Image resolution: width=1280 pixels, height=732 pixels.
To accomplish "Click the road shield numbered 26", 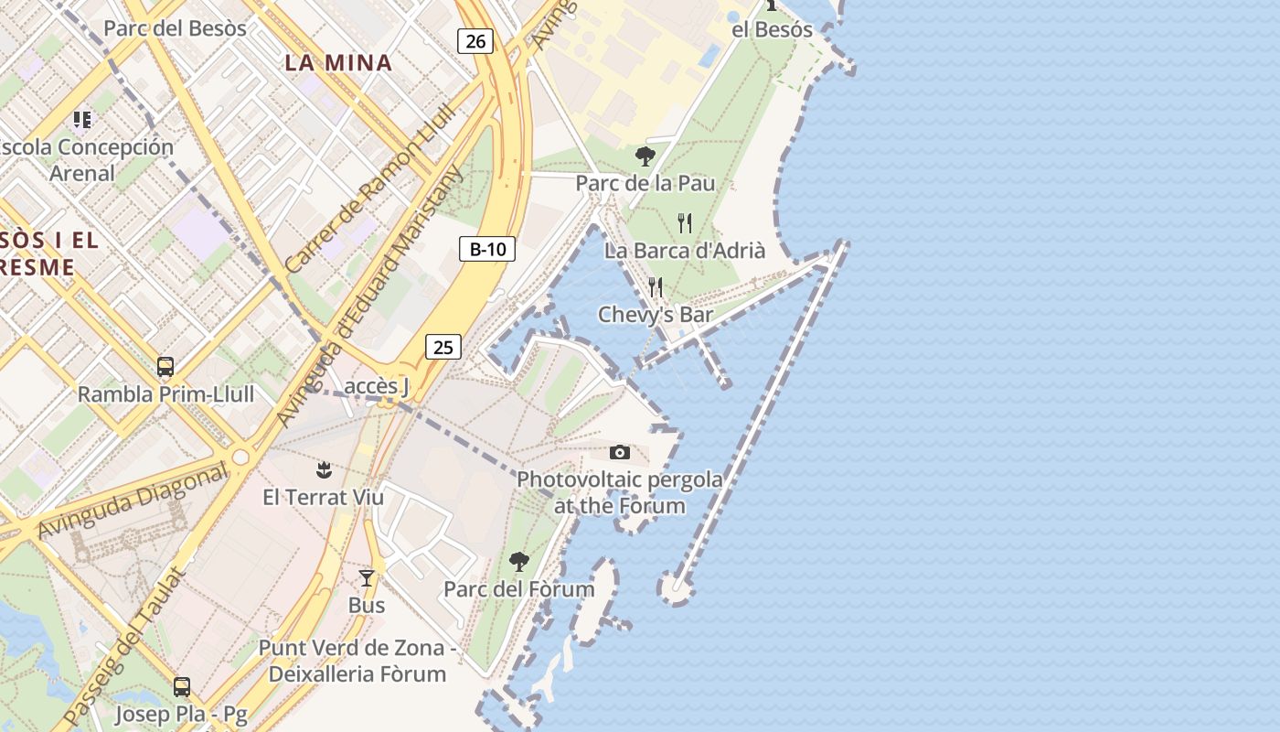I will click(x=475, y=40).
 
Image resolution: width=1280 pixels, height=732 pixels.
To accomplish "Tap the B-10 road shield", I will click(x=487, y=249).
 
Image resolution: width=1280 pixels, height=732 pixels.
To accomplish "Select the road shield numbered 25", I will click(x=443, y=347).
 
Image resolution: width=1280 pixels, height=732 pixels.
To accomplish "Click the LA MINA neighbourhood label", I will click(x=338, y=63).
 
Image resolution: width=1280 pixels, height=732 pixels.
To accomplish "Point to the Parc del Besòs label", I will click(x=175, y=28).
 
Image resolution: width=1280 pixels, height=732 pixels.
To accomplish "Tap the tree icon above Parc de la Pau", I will click(x=645, y=156).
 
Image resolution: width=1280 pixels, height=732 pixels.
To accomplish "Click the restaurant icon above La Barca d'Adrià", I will click(x=685, y=223).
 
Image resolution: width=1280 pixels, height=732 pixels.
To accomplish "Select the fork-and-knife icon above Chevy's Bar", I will click(x=656, y=287).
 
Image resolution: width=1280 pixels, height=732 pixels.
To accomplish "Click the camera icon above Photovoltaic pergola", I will click(x=619, y=452).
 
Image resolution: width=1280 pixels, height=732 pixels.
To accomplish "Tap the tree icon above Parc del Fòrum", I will click(x=518, y=561).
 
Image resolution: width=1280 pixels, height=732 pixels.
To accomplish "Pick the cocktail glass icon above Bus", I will click(x=367, y=578).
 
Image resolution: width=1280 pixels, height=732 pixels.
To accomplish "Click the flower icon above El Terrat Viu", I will click(x=323, y=470).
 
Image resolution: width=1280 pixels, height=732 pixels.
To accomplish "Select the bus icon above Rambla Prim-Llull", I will click(x=165, y=367).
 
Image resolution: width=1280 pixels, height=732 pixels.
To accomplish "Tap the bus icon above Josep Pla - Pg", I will click(x=182, y=687).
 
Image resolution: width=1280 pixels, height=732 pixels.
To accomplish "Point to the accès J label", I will click(x=377, y=386).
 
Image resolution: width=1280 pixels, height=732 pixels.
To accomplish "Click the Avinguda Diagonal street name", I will click(x=132, y=502).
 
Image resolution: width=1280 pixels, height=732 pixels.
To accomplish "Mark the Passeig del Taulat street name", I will click(x=124, y=648).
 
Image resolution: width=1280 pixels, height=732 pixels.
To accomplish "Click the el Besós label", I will click(x=772, y=29).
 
